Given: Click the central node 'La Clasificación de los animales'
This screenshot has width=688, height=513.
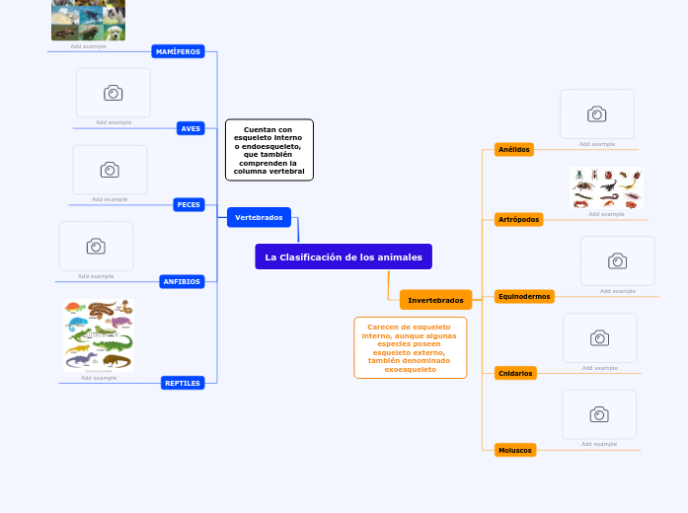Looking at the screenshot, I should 344,256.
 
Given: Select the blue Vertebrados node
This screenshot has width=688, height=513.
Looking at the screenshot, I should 259,217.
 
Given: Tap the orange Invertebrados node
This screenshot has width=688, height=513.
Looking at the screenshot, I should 435,300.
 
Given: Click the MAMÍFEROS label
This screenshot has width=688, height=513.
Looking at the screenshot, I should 179,51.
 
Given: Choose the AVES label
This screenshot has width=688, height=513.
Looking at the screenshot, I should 191,128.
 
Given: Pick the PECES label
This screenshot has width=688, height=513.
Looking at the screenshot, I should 189,204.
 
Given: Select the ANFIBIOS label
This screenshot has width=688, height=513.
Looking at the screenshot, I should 182,281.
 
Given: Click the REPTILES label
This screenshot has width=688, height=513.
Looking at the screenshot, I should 183,383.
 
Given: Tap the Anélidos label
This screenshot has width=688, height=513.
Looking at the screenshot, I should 514,150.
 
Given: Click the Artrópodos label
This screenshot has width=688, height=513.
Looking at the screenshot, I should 519,219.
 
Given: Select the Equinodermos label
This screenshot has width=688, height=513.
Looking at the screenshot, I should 524,296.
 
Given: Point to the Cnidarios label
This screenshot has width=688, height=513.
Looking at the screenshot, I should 515,373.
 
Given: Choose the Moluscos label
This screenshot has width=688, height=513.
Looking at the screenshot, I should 515,450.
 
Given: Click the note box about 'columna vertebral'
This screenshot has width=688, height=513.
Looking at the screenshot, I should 269,150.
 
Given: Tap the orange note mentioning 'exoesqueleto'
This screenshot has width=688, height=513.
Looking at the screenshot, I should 410,347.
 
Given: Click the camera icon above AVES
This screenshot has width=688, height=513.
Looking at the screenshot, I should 114,93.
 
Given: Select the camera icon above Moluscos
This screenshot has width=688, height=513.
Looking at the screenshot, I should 599,414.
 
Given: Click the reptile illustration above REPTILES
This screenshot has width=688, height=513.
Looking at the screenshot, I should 98,334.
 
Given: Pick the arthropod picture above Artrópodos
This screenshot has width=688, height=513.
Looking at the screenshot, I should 606,187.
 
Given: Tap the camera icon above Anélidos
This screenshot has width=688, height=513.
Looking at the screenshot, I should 597,114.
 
